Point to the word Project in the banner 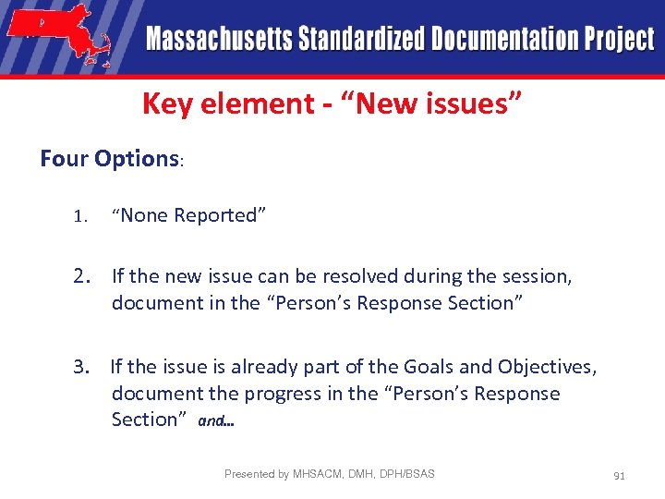pyautogui.click(x=618, y=39)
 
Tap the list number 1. pyautogui.click(x=80, y=216)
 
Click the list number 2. pyautogui.click(x=83, y=275)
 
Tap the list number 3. pyautogui.click(x=83, y=367)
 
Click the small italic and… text pyautogui.click(x=216, y=421)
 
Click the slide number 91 pyautogui.click(x=619, y=476)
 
